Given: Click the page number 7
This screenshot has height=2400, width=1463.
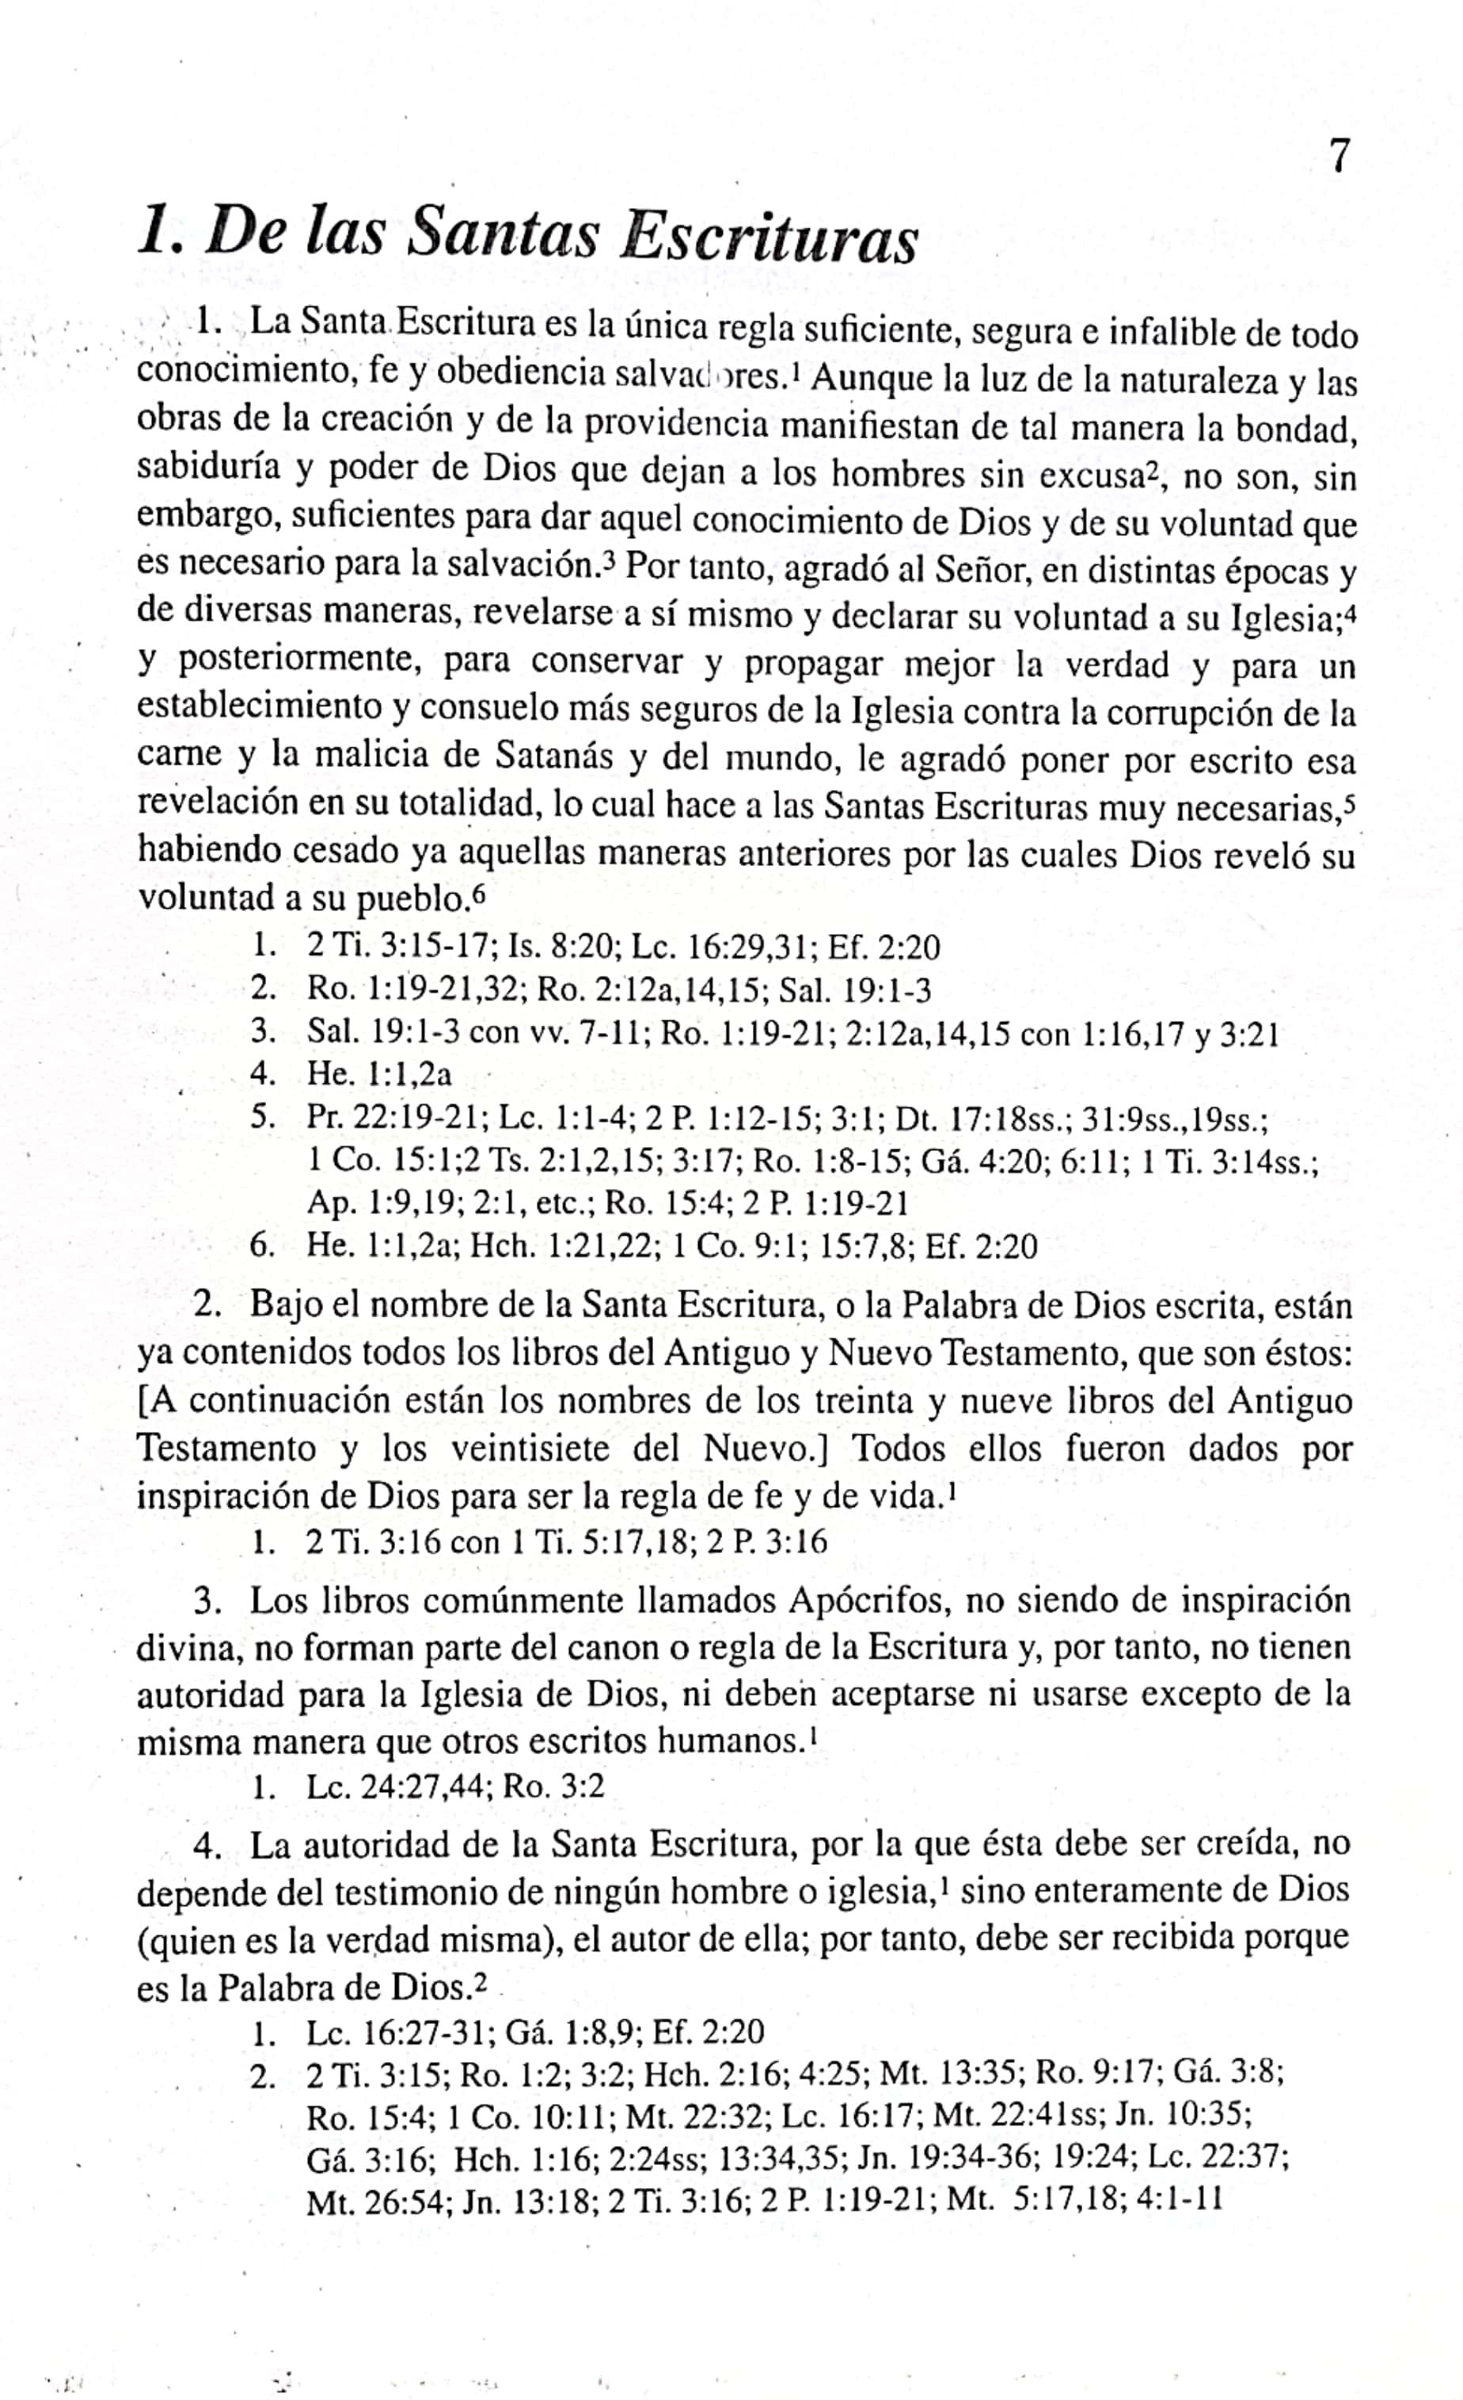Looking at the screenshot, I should tap(1339, 156).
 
